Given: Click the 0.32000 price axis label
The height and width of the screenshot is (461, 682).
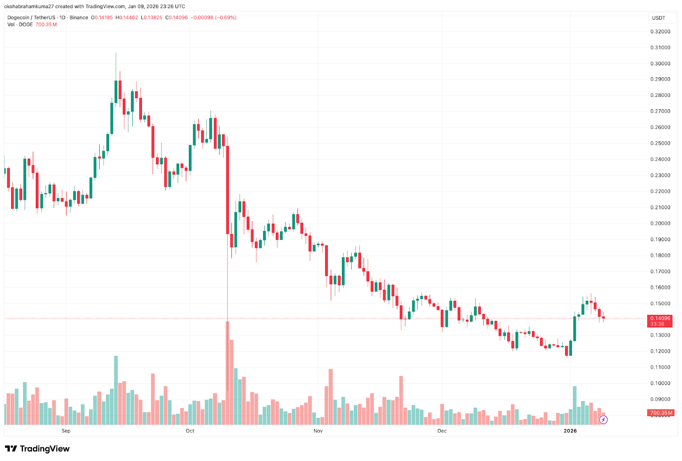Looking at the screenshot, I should [x=660, y=32].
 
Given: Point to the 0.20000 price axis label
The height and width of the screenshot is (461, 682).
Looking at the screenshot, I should [x=660, y=223].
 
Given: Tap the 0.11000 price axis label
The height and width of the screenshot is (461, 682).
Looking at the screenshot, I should [x=660, y=367].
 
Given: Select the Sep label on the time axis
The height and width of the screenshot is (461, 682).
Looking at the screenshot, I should [x=66, y=431].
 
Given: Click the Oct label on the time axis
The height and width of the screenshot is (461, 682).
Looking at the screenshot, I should [x=190, y=431].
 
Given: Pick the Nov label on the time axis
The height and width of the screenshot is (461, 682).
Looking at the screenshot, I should [x=318, y=431].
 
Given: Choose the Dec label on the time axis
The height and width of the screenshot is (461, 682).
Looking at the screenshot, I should [x=442, y=431].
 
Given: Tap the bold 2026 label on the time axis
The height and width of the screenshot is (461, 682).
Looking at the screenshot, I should [x=570, y=431].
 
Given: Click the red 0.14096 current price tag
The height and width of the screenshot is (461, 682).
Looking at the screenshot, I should [x=660, y=318].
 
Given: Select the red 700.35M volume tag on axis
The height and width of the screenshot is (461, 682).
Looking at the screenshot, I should [x=661, y=413].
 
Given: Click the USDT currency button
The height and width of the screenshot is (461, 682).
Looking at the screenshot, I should [x=659, y=18].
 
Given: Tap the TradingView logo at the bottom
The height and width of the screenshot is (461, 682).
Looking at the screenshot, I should [x=38, y=449].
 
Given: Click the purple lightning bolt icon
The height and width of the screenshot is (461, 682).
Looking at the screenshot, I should [x=603, y=420].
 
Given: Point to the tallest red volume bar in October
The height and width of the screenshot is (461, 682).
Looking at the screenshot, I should [x=228, y=373].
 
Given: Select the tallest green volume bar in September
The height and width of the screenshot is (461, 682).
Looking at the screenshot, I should [x=116, y=390].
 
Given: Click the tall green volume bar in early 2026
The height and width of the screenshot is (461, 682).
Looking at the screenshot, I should [x=575, y=405].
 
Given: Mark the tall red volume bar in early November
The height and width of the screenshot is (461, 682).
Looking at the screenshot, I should [x=331, y=397].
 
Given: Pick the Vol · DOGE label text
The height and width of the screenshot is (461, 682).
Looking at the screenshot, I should [x=20, y=25].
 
